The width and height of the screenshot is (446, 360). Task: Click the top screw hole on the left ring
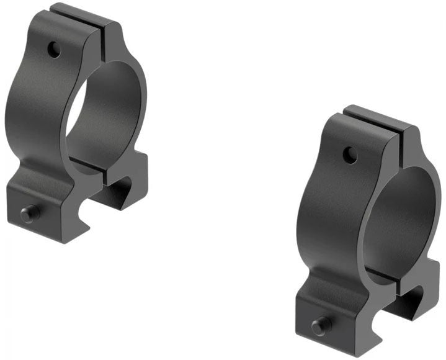[55, 49]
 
